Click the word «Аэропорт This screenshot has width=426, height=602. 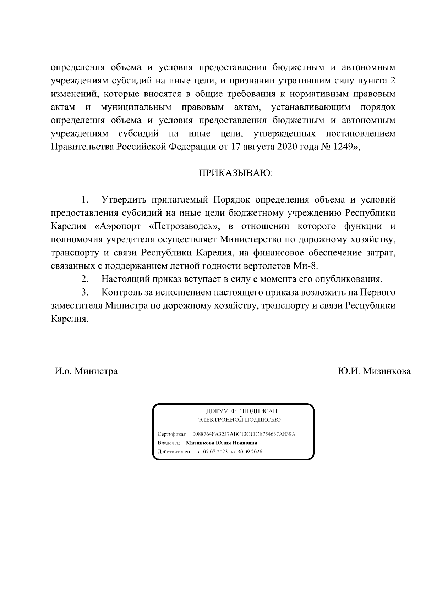point(118,226)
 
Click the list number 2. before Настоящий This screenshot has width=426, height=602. point(84,279)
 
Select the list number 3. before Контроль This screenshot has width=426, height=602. point(84,292)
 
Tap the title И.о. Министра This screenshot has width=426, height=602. point(86,371)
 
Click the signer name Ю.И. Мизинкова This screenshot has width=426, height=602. point(374,371)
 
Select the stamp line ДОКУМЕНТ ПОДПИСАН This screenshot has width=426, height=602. point(242,411)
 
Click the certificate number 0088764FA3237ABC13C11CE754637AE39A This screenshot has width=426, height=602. point(244,434)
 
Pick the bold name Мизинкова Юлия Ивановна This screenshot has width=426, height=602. point(222,443)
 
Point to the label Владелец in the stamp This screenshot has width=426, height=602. point(168,443)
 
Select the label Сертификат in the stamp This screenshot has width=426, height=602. point(171,434)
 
